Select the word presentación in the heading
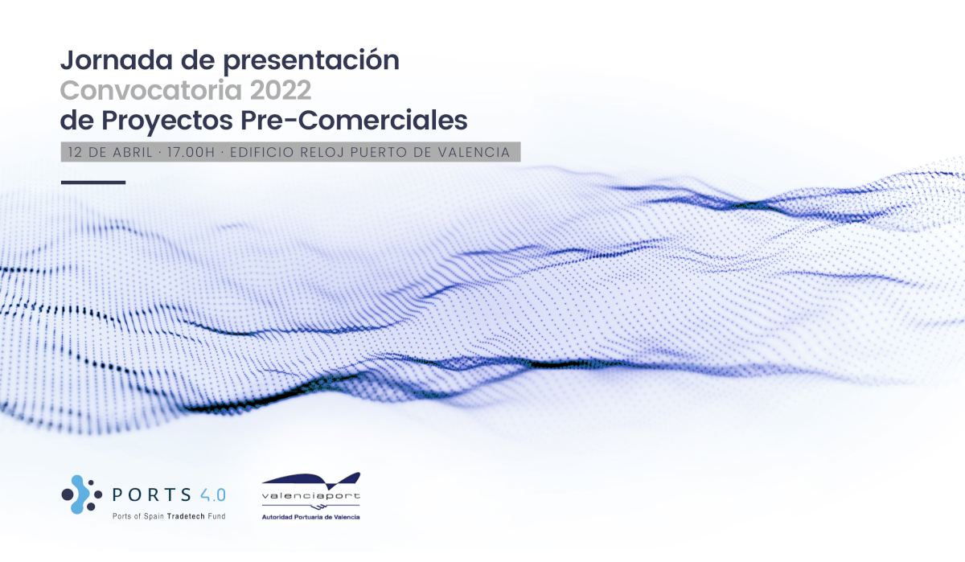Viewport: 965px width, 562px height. (x=311, y=61)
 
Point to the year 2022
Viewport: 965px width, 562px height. (x=281, y=90)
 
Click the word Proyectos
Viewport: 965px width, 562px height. (x=167, y=121)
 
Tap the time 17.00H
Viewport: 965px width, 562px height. (x=191, y=152)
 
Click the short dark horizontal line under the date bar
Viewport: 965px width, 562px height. (x=93, y=183)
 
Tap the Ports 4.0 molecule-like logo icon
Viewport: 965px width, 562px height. (x=82, y=494)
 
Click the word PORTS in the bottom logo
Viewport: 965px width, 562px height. (x=151, y=494)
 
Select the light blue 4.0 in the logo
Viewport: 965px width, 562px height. (x=213, y=494)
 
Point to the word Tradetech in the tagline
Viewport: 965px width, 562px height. (x=186, y=516)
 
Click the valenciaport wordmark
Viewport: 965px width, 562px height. (x=311, y=495)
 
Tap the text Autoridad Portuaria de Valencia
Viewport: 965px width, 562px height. (x=311, y=517)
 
